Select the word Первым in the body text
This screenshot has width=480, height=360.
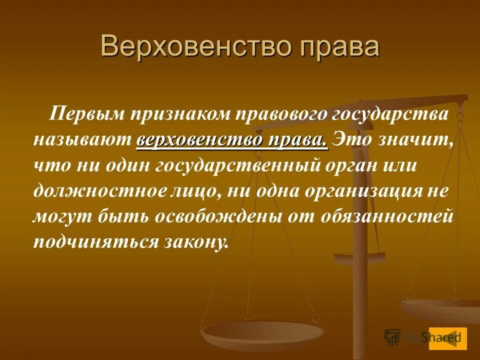coord(84,114)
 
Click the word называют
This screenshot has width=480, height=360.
coord(83,140)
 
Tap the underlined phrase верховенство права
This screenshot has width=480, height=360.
coord(232,140)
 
